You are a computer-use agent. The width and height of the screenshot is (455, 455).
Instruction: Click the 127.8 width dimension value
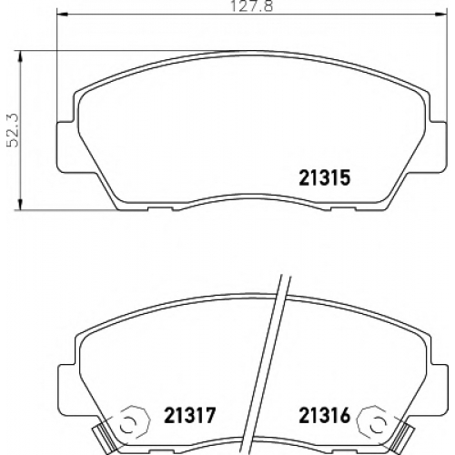[252, 6]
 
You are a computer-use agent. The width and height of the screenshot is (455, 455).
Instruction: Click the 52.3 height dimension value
[13, 130]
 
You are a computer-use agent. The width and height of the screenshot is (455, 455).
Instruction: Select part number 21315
[325, 177]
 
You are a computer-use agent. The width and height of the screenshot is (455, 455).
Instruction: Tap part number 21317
[190, 415]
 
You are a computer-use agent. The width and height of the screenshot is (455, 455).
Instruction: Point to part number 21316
[325, 415]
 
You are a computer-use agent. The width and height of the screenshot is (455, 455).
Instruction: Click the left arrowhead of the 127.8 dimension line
[62, 14]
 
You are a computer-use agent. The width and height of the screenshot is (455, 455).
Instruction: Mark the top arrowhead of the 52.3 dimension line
[20, 56]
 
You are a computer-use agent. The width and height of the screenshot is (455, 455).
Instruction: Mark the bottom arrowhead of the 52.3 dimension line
[20, 205]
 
